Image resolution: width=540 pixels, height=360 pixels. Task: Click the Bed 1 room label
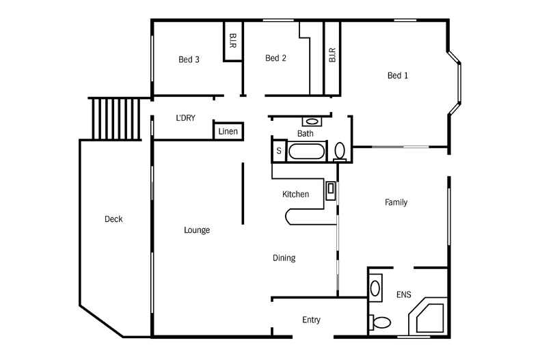point(397,76)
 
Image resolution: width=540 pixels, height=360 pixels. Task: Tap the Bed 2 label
point(275,58)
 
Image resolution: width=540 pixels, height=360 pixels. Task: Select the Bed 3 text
point(189,59)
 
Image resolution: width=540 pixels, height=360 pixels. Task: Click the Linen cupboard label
point(228,131)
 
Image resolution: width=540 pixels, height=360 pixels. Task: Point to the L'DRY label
point(185,117)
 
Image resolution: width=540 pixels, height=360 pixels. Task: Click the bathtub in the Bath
point(306,151)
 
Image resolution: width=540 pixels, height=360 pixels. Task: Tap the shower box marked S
point(279,151)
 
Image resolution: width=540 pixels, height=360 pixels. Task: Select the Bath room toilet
point(340,150)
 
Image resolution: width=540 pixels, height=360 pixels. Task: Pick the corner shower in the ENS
point(428,316)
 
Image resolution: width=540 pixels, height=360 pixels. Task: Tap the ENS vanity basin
point(375,287)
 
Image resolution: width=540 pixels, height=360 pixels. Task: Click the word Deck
point(113,219)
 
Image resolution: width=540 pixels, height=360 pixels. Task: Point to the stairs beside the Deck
point(115,117)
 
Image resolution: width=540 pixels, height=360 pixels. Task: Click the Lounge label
point(197,230)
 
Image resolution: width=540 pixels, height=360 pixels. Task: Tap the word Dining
point(284,258)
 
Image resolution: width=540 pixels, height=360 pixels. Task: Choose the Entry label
point(311,320)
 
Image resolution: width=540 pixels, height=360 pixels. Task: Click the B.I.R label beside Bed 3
point(233,41)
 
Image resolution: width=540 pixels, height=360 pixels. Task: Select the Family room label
point(396,202)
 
